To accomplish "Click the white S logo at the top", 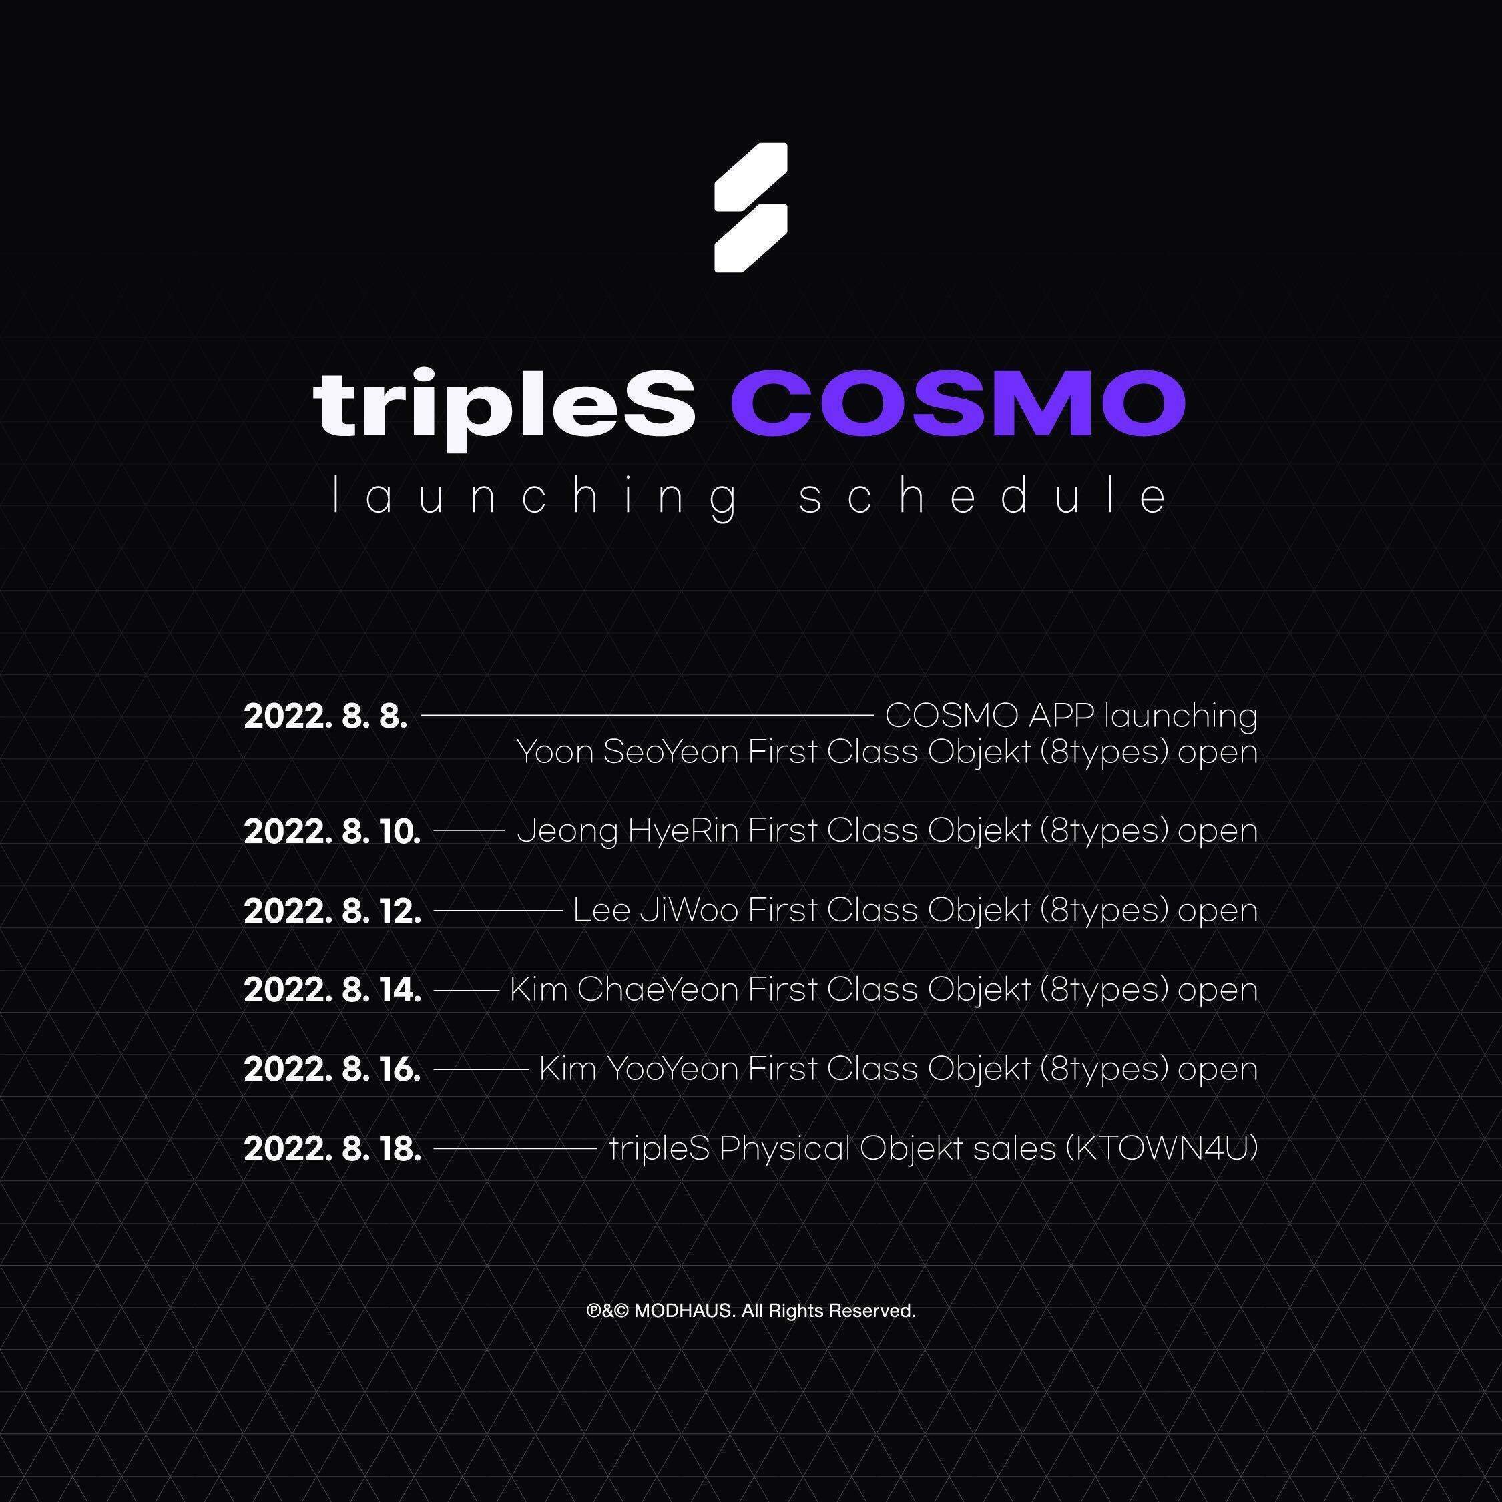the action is tap(751, 208).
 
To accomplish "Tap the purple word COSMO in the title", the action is tap(958, 403).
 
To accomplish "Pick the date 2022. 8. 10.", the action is tap(332, 832).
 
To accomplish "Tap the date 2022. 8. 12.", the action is tap(332, 911).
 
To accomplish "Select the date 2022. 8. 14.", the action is tap(332, 990).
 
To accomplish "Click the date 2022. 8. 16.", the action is tap(332, 1069).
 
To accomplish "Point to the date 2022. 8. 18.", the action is tap(332, 1149).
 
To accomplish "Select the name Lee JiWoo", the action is tap(656, 911).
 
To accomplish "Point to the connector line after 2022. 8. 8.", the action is tap(648, 714).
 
